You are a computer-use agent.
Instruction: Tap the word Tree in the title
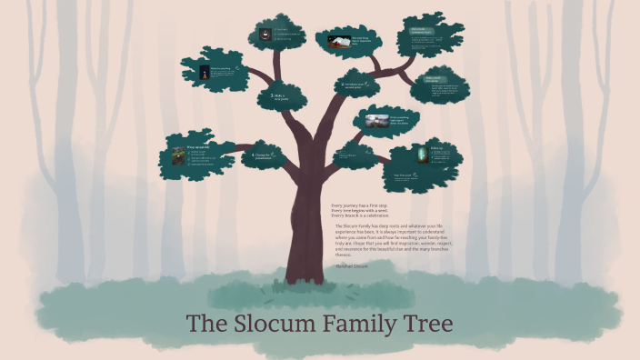click(426, 324)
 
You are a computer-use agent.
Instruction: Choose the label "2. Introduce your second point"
click(356, 85)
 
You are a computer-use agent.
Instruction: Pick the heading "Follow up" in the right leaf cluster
click(435, 146)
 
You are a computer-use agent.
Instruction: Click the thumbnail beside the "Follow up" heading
click(421, 155)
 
